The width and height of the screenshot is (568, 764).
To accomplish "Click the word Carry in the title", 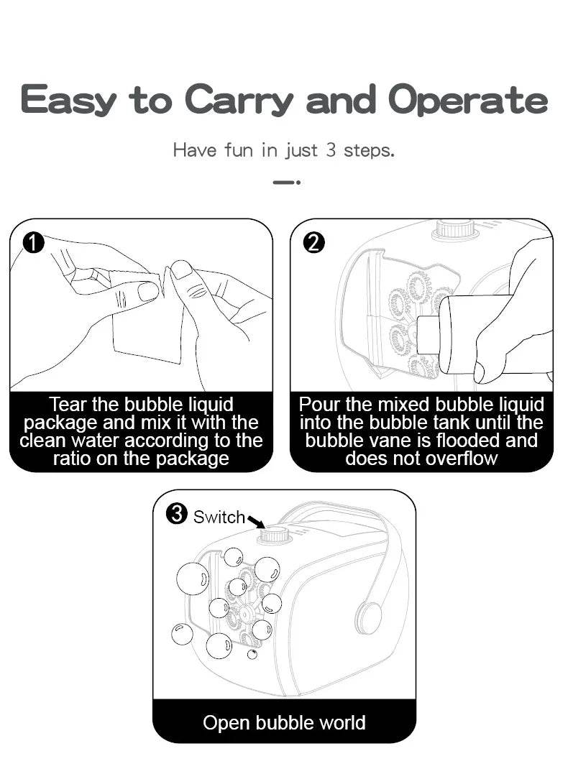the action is (239, 101).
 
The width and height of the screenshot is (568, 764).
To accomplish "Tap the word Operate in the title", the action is (467, 101).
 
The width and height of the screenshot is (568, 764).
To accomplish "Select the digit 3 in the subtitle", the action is (331, 150).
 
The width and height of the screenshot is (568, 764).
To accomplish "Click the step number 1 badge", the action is (33, 243).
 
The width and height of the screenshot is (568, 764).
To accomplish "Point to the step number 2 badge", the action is (314, 243).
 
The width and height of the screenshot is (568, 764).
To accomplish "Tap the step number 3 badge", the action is (176, 514).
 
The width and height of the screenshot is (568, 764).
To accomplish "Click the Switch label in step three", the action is (219, 517).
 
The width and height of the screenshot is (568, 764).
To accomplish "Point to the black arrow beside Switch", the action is (256, 521).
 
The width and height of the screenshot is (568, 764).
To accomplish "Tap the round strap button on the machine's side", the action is (368, 618).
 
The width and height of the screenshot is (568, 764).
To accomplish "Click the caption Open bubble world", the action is (284, 722).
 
